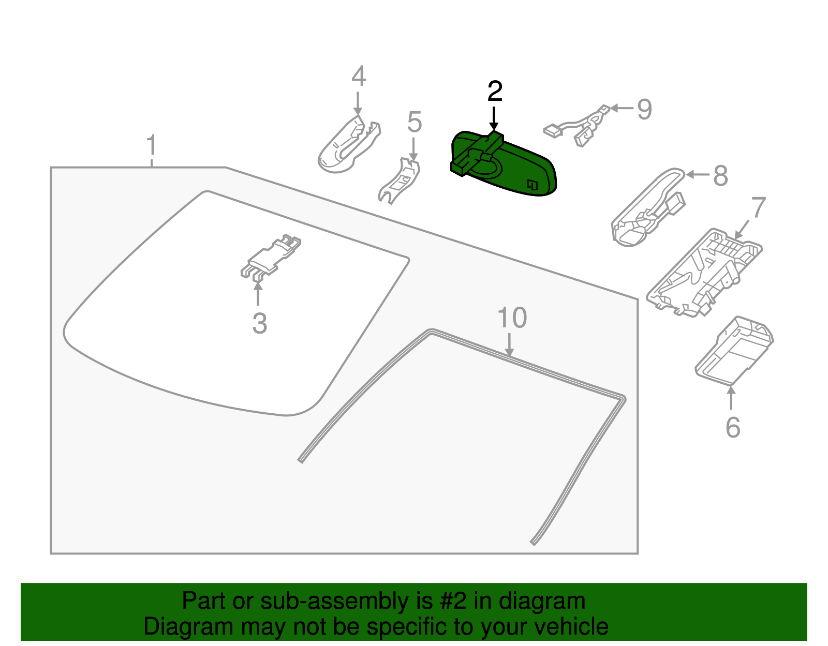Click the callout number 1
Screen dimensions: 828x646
[x=152, y=145]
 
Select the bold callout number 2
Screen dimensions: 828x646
[x=495, y=91]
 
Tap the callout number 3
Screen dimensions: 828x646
[x=259, y=323]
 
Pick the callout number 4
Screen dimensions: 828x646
[x=359, y=76]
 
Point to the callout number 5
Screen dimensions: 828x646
[x=415, y=122]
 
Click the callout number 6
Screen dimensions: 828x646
[x=733, y=428]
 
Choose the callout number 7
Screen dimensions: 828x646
[x=758, y=207]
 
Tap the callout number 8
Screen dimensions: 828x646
[x=720, y=176]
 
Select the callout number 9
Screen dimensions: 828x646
[x=644, y=109]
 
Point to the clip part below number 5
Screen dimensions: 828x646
[x=399, y=181]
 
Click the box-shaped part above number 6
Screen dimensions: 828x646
[x=734, y=351]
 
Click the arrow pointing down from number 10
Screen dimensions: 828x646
[x=509, y=344]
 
